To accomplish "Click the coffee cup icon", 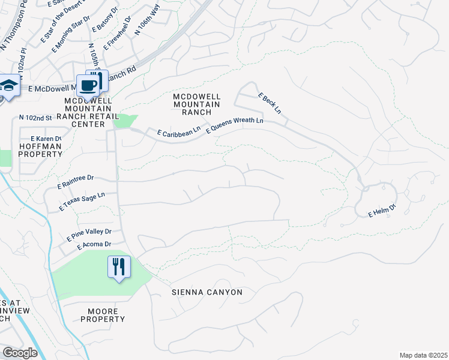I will point(88,85).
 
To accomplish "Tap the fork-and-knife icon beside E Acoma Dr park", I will point(119,267).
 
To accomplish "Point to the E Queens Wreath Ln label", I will point(235,125).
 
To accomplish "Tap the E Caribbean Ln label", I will point(178,133).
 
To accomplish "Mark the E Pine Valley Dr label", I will point(86,232).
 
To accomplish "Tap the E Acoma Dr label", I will point(94,244).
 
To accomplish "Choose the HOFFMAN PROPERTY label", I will point(40,150).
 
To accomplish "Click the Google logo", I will point(20,353).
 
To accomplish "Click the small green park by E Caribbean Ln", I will point(124,121).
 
